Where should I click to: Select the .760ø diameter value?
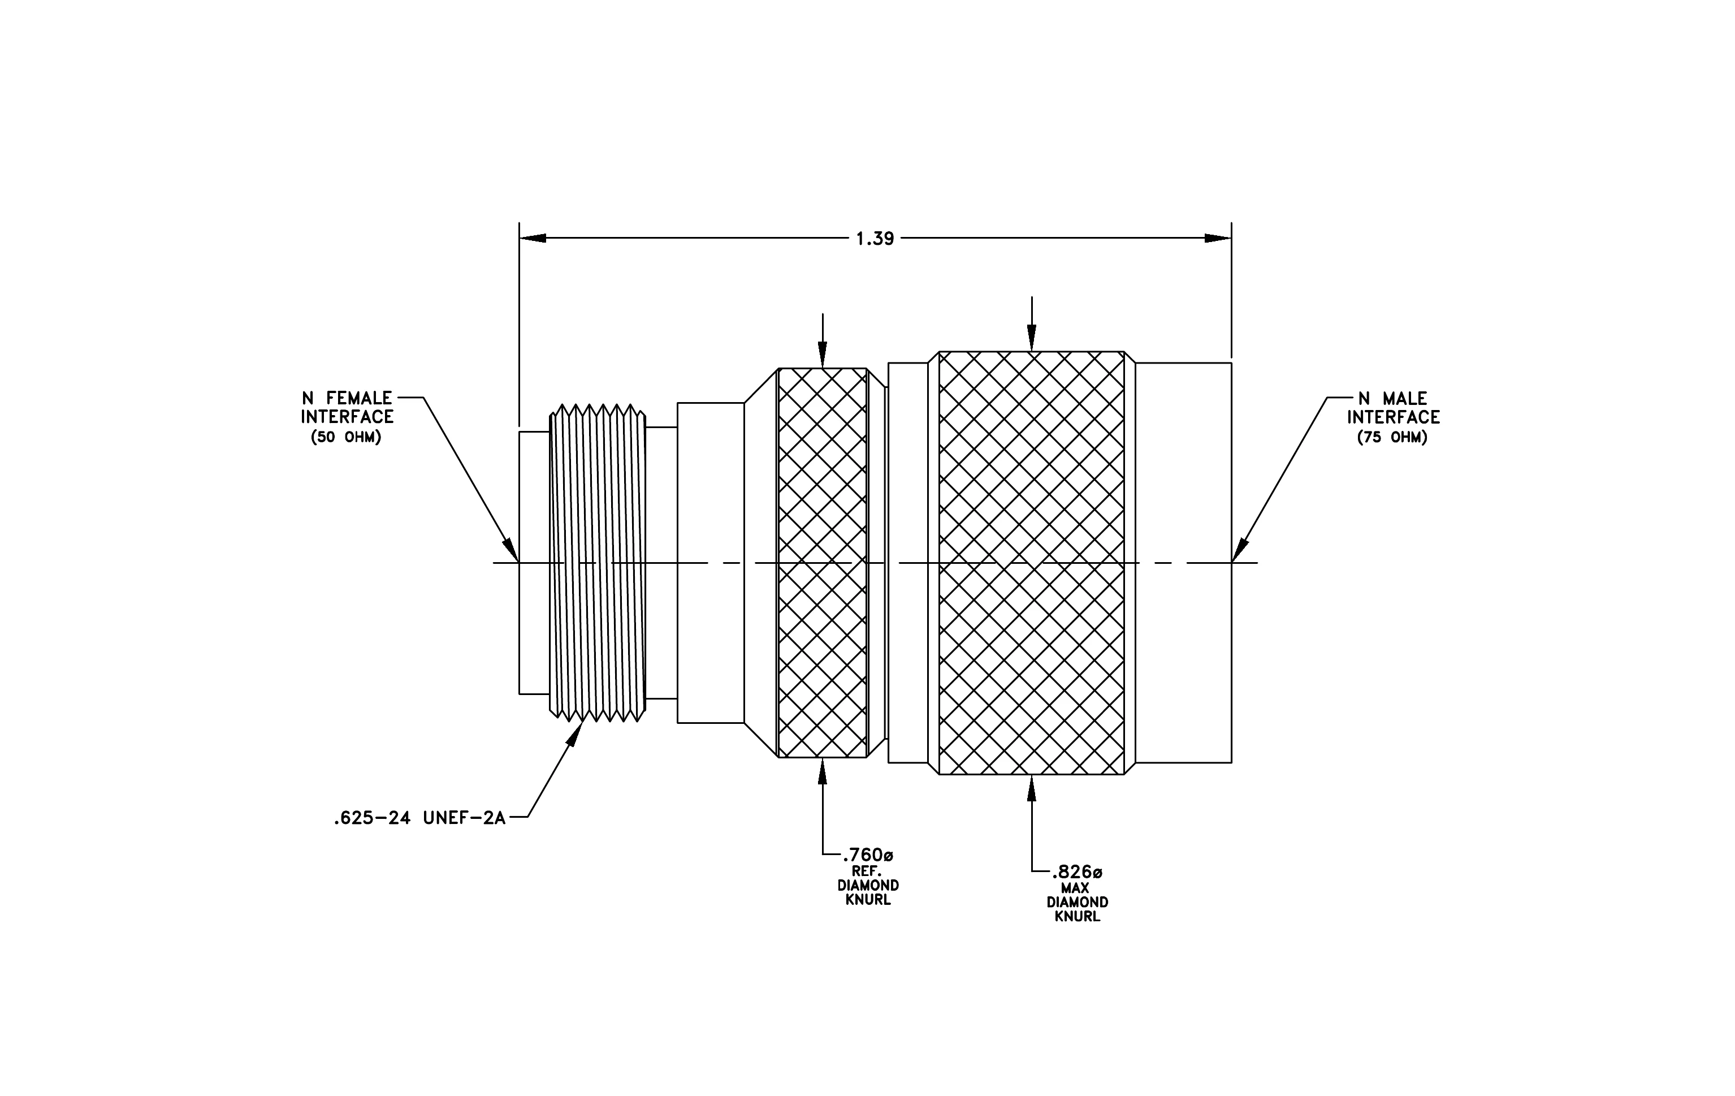[867, 855]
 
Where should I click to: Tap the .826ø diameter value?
[1076, 872]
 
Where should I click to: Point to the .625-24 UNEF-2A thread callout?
[419, 818]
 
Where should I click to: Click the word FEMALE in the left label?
[360, 398]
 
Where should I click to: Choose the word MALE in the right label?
[1404, 399]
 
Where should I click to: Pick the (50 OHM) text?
[346, 437]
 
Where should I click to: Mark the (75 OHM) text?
[1392, 437]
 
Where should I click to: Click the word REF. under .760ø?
[867, 870]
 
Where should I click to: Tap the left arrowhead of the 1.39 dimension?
[533, 238]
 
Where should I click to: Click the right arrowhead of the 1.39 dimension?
[1218, 238]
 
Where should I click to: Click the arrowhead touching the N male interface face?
[1239, 550]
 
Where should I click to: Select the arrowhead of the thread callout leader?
[577, 733]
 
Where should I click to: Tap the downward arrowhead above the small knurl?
[823, 355]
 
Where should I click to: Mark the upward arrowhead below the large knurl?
[1031, 788]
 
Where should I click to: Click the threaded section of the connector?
[598, 563]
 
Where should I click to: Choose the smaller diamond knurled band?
[823, 563]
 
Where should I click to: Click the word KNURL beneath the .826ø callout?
[1077, 917]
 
